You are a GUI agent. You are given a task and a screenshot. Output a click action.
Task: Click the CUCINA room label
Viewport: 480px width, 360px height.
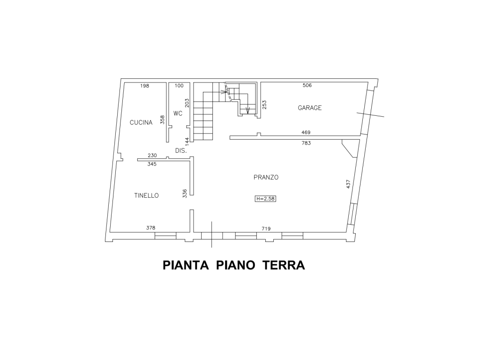[141, 122]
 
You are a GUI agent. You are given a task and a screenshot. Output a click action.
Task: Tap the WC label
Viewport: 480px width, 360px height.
[178, 113]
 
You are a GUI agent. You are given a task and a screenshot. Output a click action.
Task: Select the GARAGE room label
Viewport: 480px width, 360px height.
[310, 108]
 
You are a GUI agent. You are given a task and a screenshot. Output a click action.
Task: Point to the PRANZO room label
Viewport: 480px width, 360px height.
[266, 177]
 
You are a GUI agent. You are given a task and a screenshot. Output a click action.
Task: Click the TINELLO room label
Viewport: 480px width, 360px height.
[147, 195]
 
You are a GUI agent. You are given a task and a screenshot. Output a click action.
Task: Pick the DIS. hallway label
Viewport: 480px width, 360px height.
[181, 150]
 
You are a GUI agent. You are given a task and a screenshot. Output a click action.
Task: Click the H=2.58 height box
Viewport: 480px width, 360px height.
[265, 199]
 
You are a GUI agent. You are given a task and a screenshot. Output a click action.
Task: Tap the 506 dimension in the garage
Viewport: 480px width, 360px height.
[307, 85]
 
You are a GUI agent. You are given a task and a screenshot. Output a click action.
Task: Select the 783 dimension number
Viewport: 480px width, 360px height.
[306, 143]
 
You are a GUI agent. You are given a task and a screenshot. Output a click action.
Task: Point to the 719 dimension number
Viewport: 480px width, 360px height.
[266, 229]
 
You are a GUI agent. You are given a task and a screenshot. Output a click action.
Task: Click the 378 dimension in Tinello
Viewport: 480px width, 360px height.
[150, 228]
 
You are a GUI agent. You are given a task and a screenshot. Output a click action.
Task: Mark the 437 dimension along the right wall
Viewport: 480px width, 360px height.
[348, 184]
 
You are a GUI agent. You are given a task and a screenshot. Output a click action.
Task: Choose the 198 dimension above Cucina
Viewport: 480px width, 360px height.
[144, 86]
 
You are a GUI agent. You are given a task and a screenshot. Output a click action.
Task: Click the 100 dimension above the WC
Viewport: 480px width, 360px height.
[179, 86]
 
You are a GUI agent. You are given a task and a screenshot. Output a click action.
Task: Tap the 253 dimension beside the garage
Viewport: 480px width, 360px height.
[264, 105]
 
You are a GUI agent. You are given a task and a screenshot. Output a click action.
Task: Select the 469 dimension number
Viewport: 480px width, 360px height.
[306, 133]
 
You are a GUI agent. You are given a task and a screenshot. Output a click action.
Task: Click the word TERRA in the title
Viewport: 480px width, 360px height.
[284, 265]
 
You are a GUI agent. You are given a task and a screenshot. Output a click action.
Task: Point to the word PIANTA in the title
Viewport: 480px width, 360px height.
[186, 265]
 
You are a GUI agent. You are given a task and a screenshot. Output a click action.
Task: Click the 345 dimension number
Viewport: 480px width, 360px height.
[152, 164]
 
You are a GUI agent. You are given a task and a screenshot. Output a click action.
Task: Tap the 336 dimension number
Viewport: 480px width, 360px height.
[185, 194]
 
